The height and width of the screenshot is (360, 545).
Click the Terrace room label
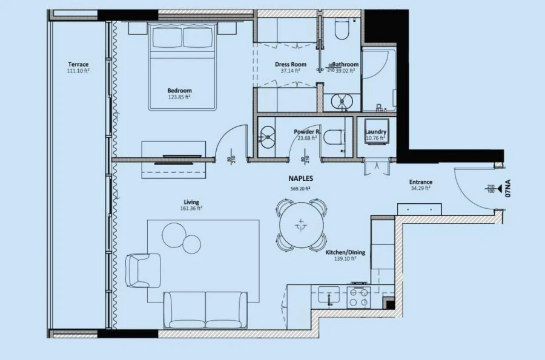[x=78, y=64]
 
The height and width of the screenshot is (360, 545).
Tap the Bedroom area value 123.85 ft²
[x=179, y=97]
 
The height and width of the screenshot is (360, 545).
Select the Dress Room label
[x=290, y=64]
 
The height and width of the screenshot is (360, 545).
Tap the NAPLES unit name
[x=300, y=179]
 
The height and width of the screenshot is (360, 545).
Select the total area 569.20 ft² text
[x=300, y=188]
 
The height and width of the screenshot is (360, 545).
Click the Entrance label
[x=420, y=182]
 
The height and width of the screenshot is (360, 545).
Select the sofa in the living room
[x=205, y=309]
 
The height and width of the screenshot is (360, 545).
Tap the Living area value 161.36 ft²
[x=191, y=208]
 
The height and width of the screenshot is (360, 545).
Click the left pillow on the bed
[x=166, y=38]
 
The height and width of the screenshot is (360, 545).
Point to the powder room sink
[x=266, y=138]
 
